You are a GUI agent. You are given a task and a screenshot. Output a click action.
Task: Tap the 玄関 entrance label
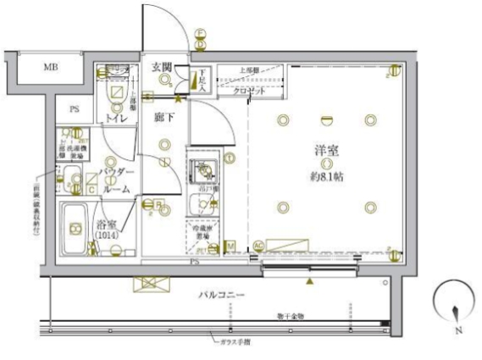[163, 67]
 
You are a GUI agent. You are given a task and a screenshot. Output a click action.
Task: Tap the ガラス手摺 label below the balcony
[233, 341]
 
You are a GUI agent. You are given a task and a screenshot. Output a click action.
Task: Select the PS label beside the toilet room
[74, 108]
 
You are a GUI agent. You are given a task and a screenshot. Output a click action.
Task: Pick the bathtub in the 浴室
[75, 229]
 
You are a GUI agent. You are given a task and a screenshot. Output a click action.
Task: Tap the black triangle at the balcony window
[310, 280]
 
